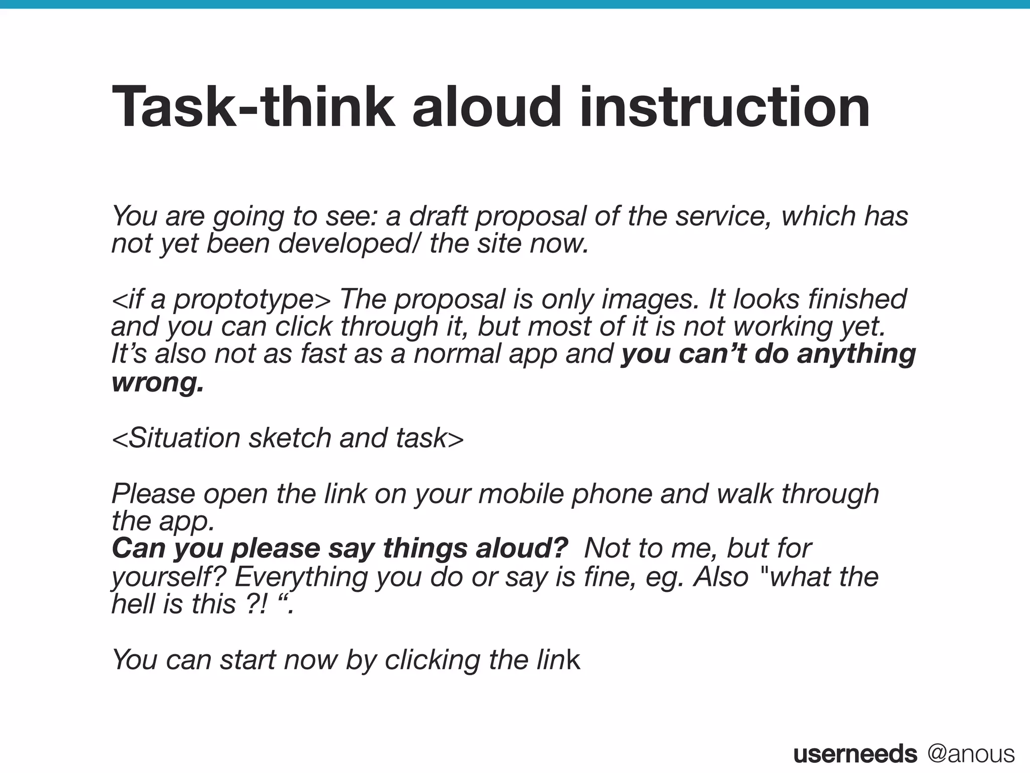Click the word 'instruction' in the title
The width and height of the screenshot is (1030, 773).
click(x=725, y=107)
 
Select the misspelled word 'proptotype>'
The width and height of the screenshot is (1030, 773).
click(x=252, y=300)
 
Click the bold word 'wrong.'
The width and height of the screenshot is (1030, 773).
click(x=158, y=382)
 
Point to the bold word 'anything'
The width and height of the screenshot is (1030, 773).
click(x=856, y=354)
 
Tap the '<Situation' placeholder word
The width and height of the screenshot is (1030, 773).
click(x=176, y=438)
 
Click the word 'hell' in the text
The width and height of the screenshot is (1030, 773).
click(x=132, y=604)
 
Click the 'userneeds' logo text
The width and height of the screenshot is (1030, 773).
click(x=855, y=754)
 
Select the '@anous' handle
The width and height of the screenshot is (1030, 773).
click(x=971, y=754)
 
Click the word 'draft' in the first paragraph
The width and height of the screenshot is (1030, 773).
click(x=438, y=216)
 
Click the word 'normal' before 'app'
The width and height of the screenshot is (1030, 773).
click(x=457, y=354)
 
